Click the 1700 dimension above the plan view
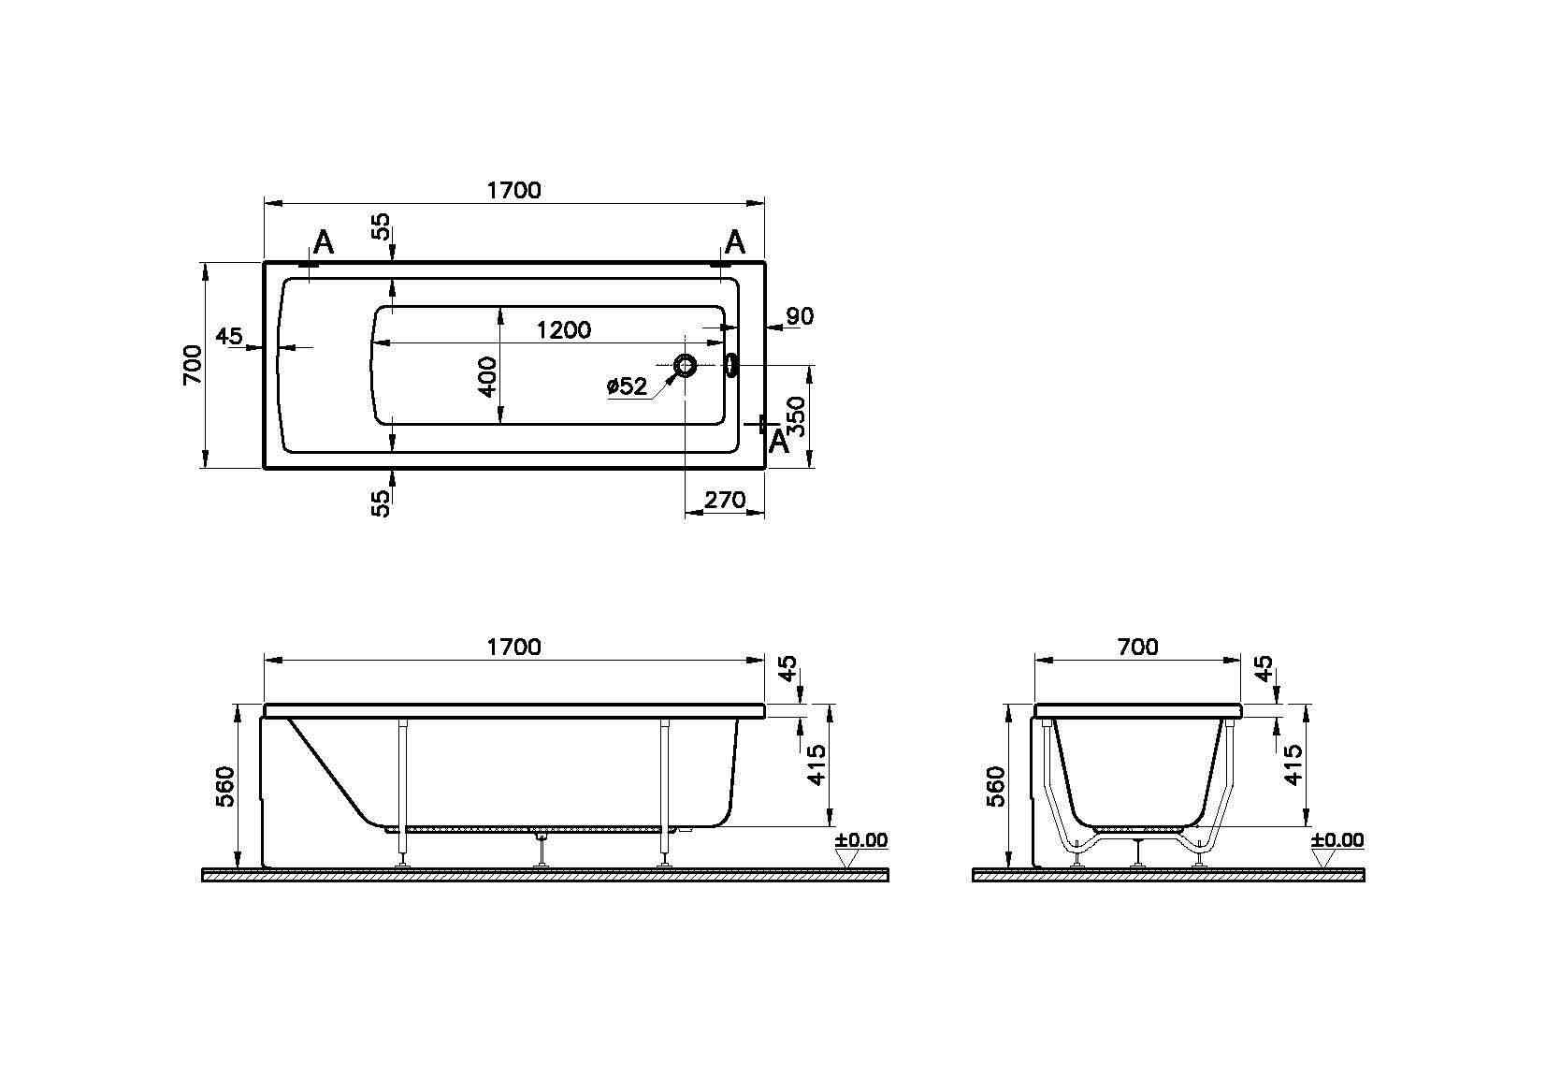pyautogui.click(x=513, y=190)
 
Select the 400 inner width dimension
pyautogui.click(x=487, y=375)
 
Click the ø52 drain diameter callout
pyautogui.click(x=627, y=386)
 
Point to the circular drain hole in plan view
pyautogui.click(x=686, y=366)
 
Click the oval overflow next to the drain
pyautogui.click(x=731, y=365)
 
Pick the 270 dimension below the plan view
pyautogui.click(x=725, y=501)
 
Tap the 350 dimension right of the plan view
pyautogui.click(x=796, y=415)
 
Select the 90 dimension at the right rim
pyautogui.click(x=799, y=316)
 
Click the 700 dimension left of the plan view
pyautogui.click(x=192, y=365)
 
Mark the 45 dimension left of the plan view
pyautogui.click(x=229, y=335)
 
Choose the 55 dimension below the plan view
pyautogui.click(x=380, y=502)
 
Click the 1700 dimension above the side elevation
pyautogui.click(x=513, y=647)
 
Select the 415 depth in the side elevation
pyautogui.click(x=816, y=764)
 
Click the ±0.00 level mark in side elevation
pyautogui.click(x=861, y=840)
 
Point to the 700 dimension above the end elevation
pyautogui.click(x=1137, y=647)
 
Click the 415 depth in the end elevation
pyautogui.click(x=1293, y=764)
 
